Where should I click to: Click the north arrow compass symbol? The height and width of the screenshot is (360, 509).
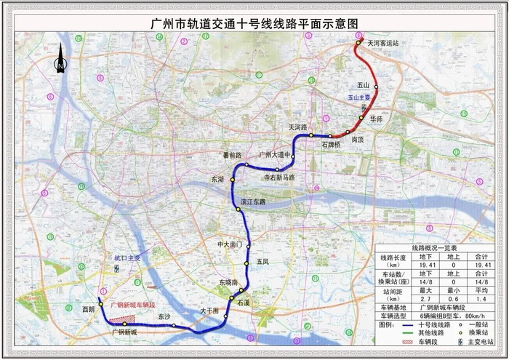(x=60, y=64)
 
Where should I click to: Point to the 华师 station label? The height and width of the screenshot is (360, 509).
(x=376, y=118)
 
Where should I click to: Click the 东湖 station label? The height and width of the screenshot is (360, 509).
(x=218, y=178)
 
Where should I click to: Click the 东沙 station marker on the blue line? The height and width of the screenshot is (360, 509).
(x=175, y=325)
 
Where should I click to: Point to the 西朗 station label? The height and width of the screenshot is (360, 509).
(x=89, y=308)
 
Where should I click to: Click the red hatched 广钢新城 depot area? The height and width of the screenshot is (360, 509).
(x=117, y=317)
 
